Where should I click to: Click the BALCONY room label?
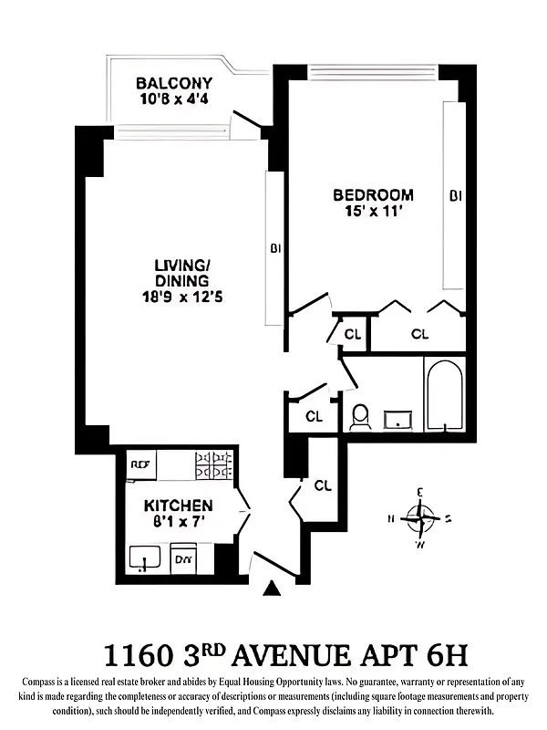coord(174,83)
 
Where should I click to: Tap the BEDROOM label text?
coord(372,195)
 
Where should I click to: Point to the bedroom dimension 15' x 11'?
coord(372,211)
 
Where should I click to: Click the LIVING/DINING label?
coord(181,273)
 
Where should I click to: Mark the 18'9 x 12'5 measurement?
coord(181,296)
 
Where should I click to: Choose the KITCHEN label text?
coord(179,506)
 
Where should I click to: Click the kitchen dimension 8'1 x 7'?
coord(179,522)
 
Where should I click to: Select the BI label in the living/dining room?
coord(274,247)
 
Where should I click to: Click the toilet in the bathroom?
coord(360,417)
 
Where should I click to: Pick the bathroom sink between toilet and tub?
coord(397,420)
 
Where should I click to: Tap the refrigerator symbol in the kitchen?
coord(141,464)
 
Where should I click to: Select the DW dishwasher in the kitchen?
coord(183,558)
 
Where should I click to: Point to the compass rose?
coord(420,518)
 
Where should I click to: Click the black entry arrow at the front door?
coord(271,589)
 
